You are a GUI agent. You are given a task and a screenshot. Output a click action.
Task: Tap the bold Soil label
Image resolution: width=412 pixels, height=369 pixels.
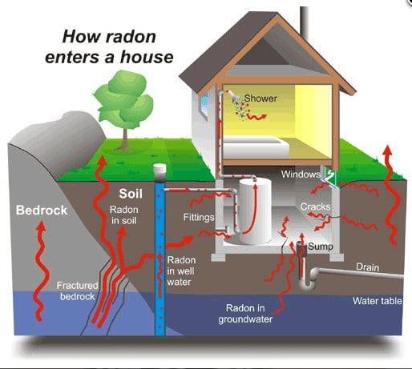pos(130,193)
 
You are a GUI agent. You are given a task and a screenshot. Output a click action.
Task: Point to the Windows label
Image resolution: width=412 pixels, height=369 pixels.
pos(301,174)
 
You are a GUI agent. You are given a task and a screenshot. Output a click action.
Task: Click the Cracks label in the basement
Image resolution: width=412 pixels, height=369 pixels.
pos(315,207)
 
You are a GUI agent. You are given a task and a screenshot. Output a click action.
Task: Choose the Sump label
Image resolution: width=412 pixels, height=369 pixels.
pos(321,247)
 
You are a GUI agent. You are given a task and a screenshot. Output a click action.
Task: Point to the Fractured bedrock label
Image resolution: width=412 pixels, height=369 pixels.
pos(77,291)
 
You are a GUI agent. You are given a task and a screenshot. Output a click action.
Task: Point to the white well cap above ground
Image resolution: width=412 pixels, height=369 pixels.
pos(160,170)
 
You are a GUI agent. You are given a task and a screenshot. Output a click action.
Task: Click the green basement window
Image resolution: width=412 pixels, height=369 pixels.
pos(329,175)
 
